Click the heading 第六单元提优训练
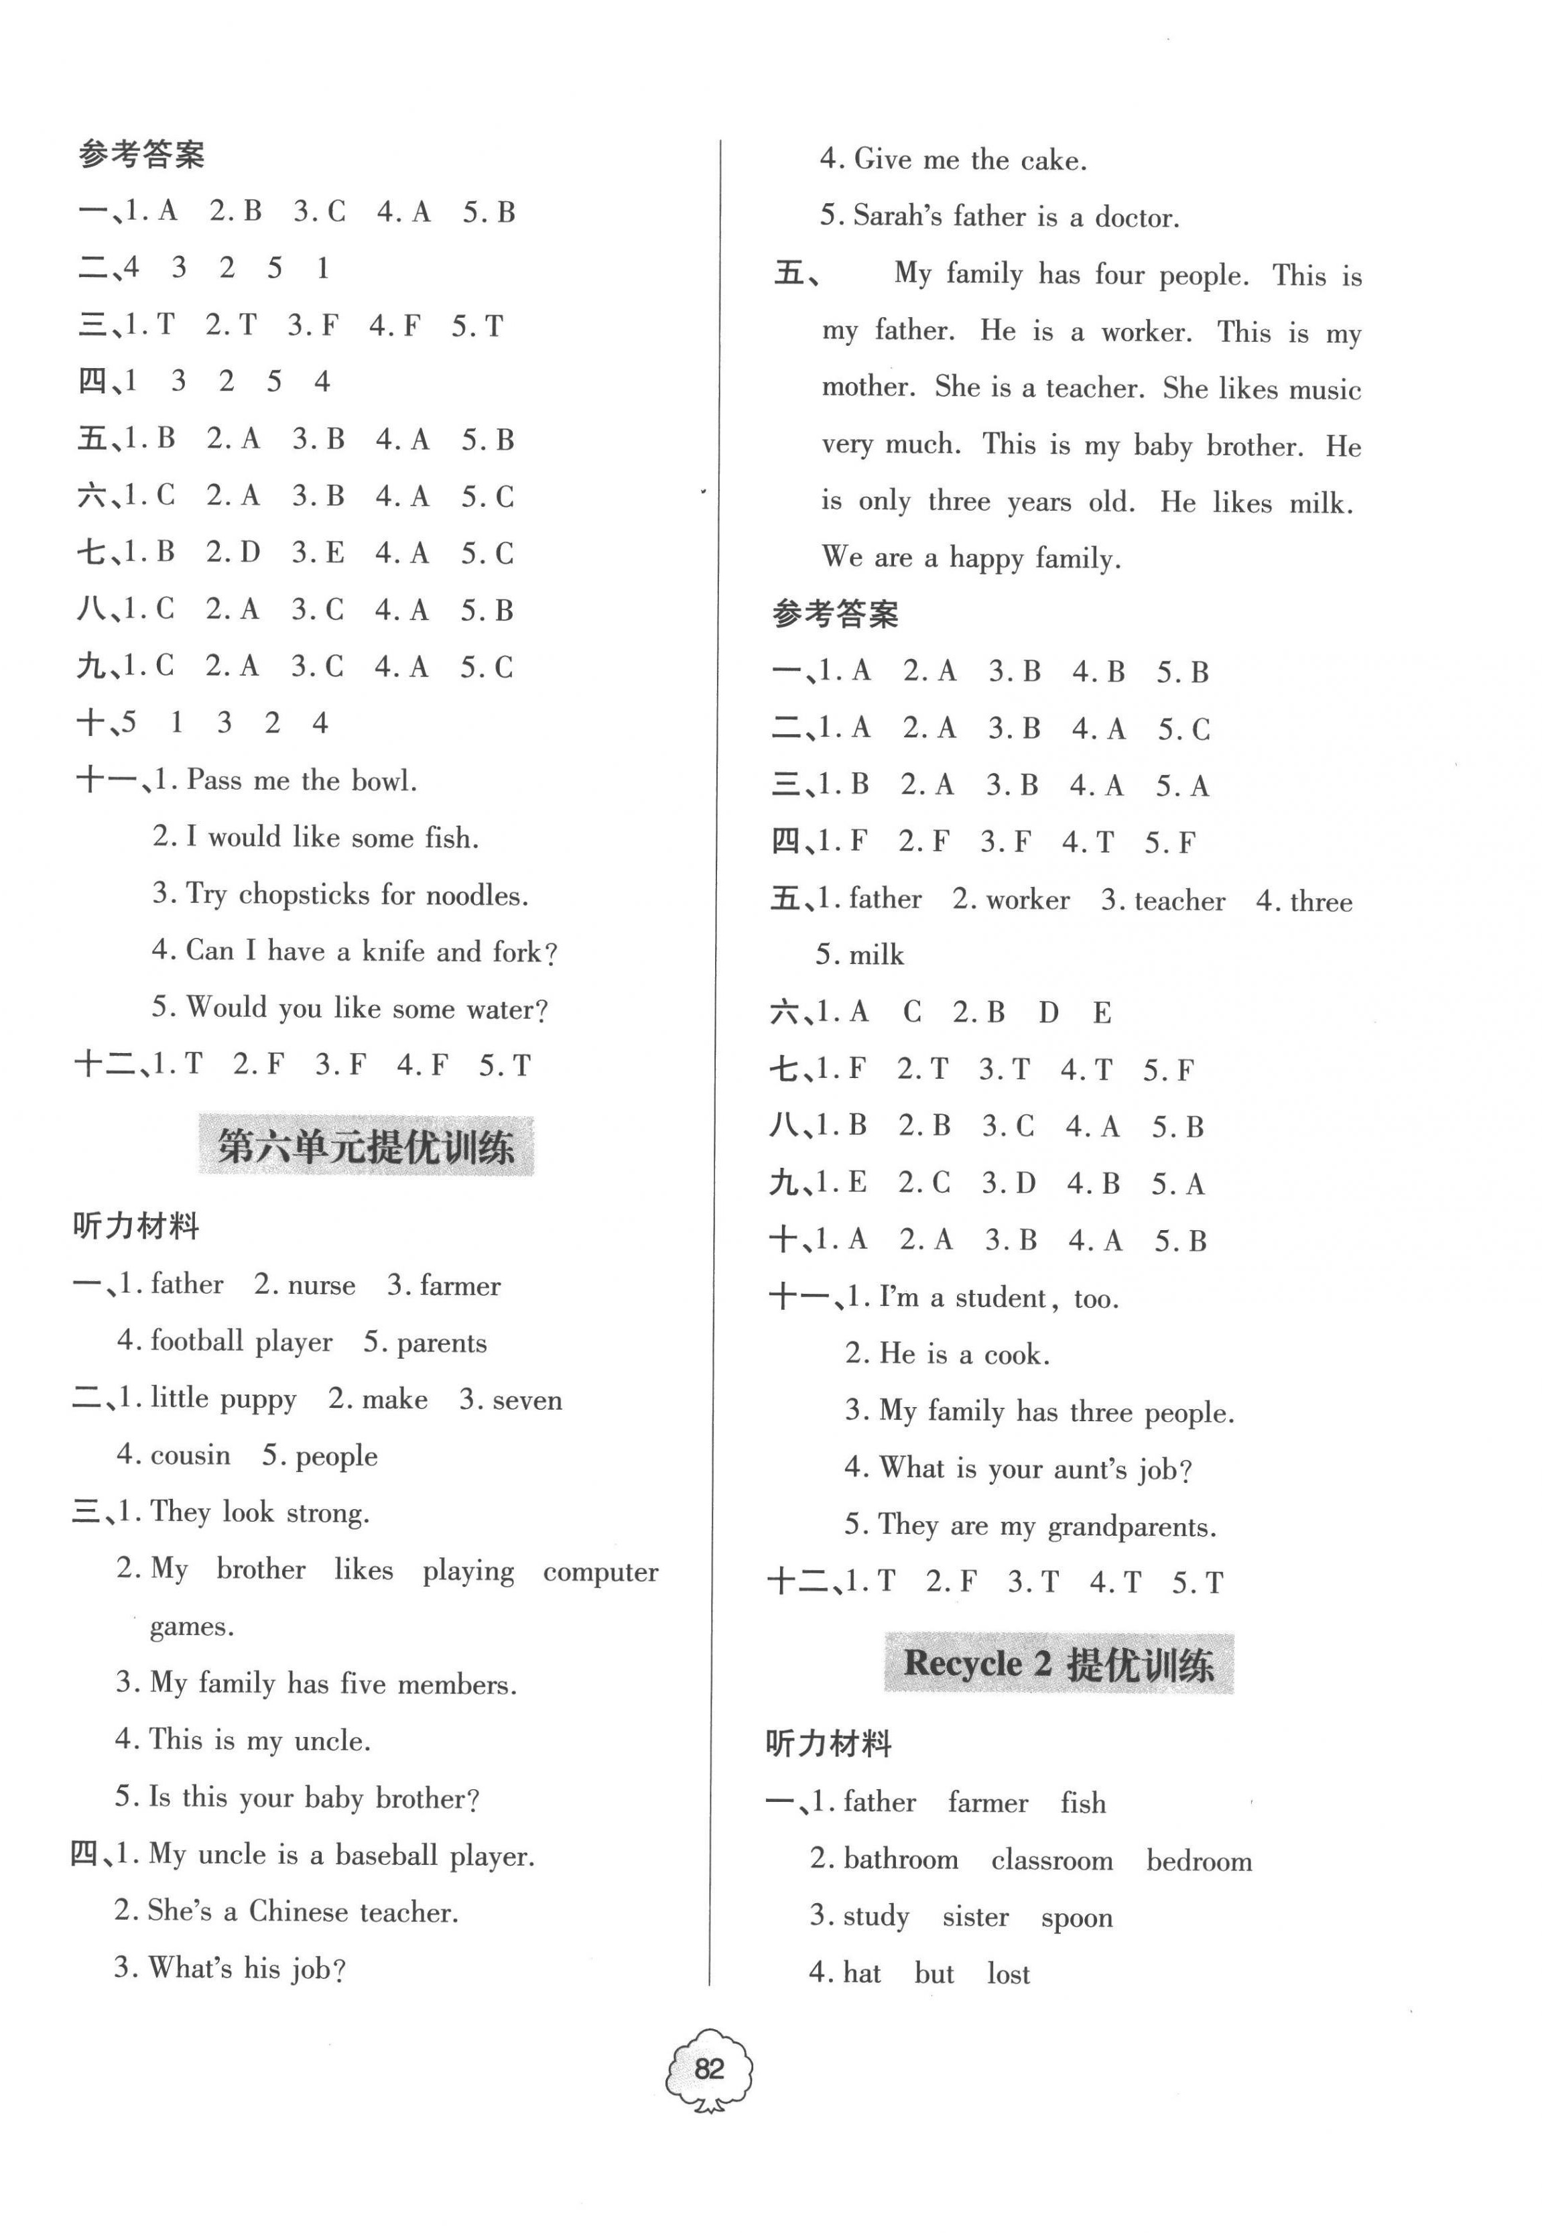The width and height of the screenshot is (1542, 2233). tap(366, 1147)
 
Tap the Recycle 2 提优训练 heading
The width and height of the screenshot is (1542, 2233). tap(1059, 1664)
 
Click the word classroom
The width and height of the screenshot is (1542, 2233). tap(1052, 1861)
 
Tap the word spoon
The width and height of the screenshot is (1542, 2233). tap(1076, 1917)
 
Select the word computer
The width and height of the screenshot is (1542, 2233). tap(600, 1572)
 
